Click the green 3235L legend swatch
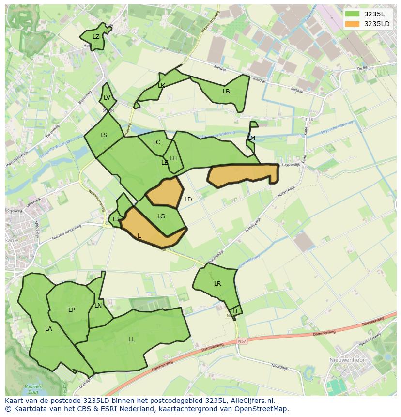click(353, 14)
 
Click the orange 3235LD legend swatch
click(353, 24)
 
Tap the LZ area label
click(96, 37)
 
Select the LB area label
click(226, 92)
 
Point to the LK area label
click(161, 86)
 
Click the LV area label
click(107, 98)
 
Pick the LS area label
click(104, 135)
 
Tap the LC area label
click(156, 142)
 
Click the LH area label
click(173, 158)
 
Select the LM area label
click(251, 138)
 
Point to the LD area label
click(188, 200)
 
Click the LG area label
click(161, 216)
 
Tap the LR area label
click(217, 284)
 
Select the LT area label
click(235, 311)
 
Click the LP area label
click(71, 310)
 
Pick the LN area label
click(98, 306)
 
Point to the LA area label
click(48, 329)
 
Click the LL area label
click(131, 340)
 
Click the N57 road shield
click(242, 341)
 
